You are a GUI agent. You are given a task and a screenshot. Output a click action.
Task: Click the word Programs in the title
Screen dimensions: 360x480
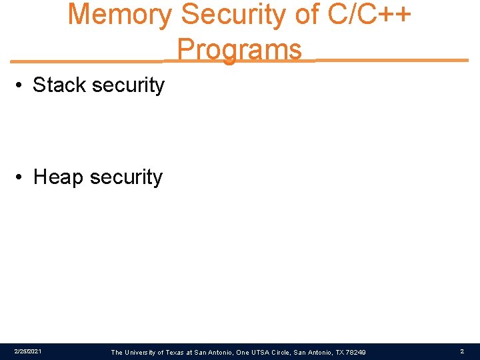click(239, 50)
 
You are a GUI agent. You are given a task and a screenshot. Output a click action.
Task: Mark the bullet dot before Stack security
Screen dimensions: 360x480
click(22, 86)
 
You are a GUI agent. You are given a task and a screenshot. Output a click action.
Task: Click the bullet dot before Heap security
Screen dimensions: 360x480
click(22, 178)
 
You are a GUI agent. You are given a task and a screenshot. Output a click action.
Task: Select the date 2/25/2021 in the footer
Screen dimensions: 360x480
click(27, 351)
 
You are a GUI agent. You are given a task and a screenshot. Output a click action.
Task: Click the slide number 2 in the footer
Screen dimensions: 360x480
click(461, 351)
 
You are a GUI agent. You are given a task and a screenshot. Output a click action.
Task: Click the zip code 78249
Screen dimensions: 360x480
click(354, 352)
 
